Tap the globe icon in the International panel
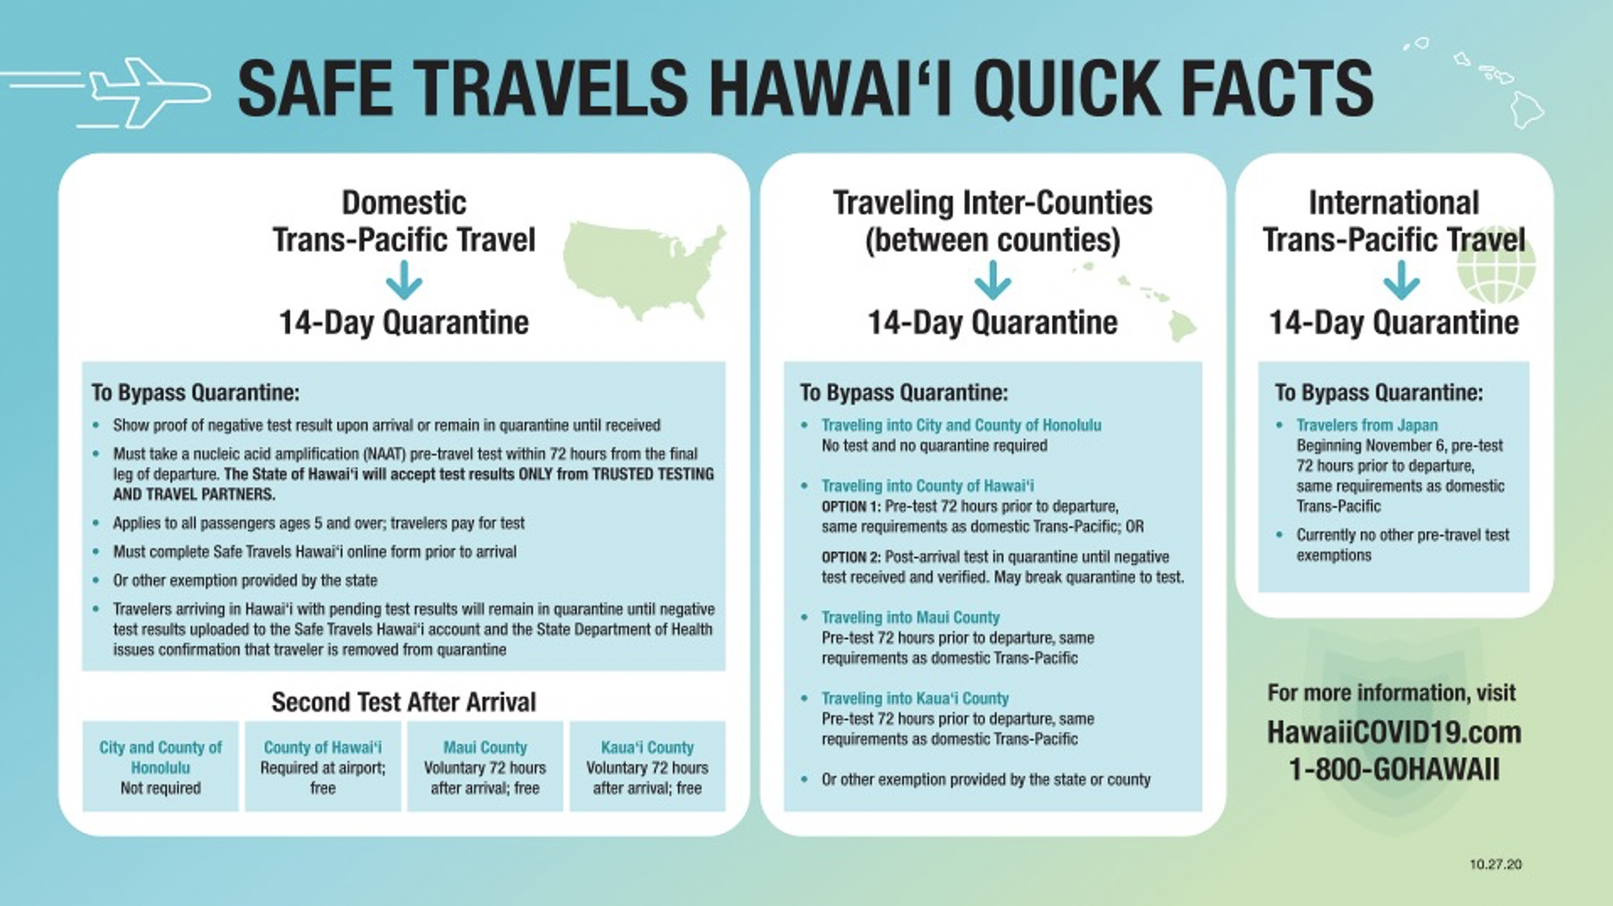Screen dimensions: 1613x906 point(1496,264)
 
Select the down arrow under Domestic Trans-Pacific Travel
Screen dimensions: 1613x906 point(404,280)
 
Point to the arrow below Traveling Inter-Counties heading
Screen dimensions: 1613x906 point(993,280)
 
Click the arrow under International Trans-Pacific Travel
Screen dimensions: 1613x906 point(1401,280)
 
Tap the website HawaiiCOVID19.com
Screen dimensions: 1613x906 point(1394,732)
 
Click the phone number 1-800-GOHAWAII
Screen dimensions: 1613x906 point(1394,770)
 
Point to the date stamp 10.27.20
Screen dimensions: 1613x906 point(1496,864)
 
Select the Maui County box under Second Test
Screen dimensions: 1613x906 point(485,766)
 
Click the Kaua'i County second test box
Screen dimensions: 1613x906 point(647,766)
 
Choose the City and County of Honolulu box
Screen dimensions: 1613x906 point(161,766)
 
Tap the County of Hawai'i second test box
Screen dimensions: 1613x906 point(322,766)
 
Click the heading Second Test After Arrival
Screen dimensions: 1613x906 point(404,702)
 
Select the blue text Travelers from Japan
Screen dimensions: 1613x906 point(1367,425)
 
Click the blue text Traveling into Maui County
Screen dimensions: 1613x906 point(911,617)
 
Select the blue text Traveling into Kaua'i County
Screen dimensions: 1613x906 point(915,698)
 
